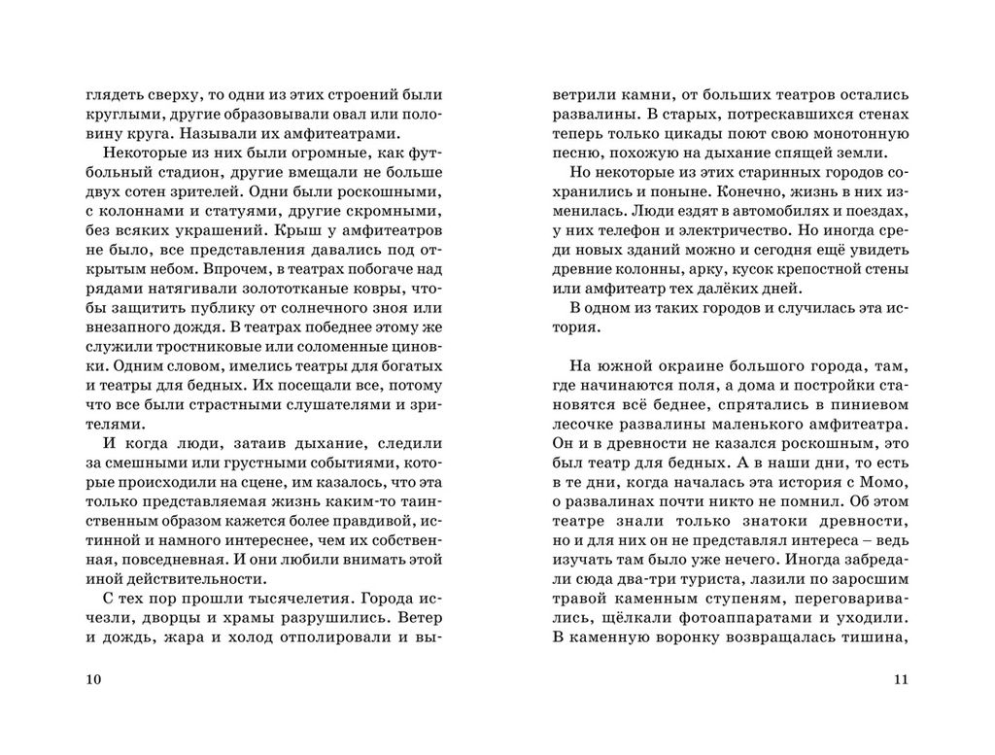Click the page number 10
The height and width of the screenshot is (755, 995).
tap(93, 679)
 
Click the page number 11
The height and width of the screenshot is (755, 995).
tap(900, 679)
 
